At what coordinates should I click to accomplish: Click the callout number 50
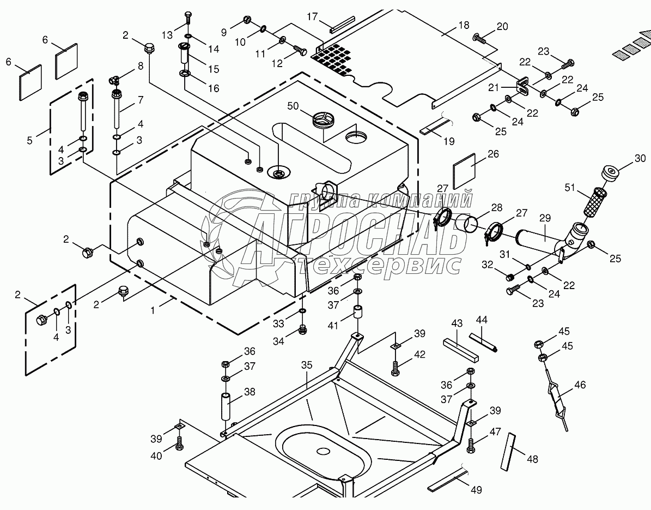293,106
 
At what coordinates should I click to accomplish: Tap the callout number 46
580,385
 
